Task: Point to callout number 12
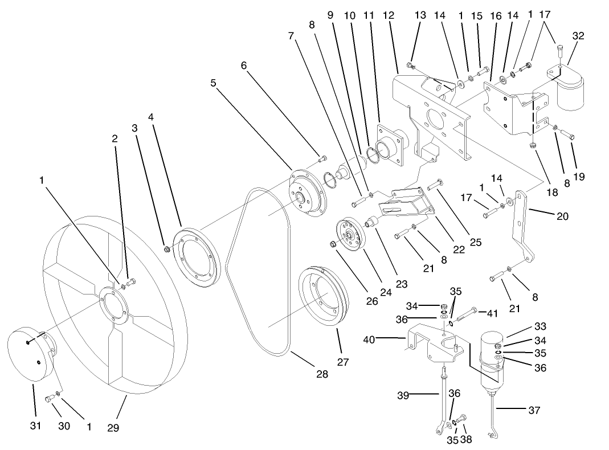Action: (x=389, y=16)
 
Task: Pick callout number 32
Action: (x=578, y=36)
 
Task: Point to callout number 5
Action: (x=213, y=83)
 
